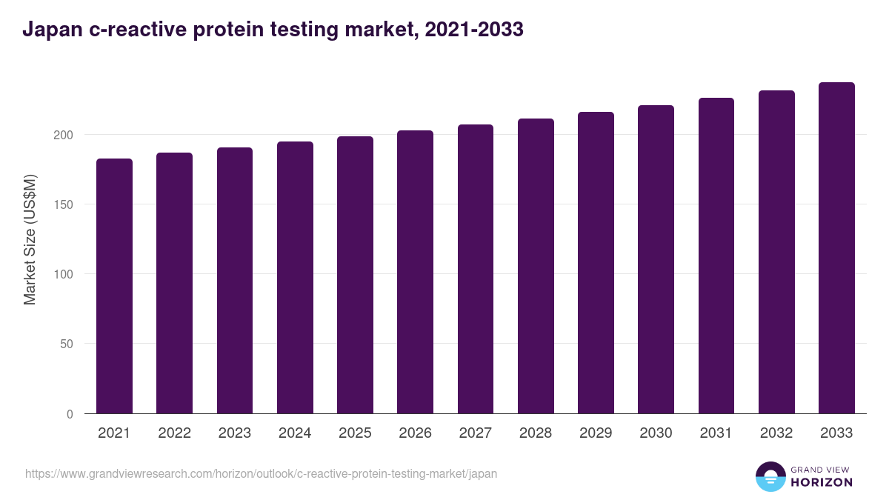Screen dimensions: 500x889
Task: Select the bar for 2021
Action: (114, 286)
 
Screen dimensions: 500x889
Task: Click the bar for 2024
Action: (295, 278)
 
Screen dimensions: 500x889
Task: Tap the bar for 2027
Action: (476, 269)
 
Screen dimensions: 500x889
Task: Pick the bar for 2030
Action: (656, 259)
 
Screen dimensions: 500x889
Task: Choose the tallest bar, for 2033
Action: (836, 248)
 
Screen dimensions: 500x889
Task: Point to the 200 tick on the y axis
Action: (64, 135)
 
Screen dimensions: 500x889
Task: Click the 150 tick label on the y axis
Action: (64, 204)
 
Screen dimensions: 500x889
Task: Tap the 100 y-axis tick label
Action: (64, 274)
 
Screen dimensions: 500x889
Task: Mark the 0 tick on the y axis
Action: (70, 414)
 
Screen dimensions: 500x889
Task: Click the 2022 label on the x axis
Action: (174, 433)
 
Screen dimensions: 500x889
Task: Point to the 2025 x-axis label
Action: (355, 433)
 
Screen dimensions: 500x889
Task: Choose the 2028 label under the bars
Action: (536, 433)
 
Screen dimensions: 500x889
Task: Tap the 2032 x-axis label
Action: (776, 433)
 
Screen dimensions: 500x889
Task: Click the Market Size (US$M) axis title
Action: (30, 239)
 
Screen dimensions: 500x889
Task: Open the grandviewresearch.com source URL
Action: (261, 473)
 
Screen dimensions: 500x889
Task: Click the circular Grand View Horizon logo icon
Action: (770, 476)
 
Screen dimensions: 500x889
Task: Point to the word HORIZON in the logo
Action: (822, 482)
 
